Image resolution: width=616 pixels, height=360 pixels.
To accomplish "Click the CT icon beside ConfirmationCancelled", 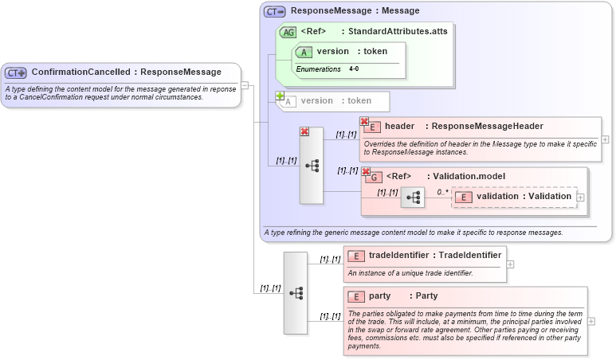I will coord(16,72).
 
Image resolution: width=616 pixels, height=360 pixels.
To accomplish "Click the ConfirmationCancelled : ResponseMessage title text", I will coord(126,72).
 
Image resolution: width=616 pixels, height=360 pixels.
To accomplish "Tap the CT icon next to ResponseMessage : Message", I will coord(275,12).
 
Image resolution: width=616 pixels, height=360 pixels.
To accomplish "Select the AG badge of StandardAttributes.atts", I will coord(288,32).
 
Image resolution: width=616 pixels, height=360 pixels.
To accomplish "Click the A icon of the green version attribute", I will coord(304,52).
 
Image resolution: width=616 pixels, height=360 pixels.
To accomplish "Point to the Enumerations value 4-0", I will coord(354,69).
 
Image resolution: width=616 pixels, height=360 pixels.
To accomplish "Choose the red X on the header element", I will coord(364,121).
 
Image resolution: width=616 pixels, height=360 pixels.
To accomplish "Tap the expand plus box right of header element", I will coord(606,139).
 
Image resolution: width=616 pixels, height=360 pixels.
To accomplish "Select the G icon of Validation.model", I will coord(374,177).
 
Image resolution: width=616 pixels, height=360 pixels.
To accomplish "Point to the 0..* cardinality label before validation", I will coord(442,192).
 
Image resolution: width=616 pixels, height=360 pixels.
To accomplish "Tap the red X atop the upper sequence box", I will coord(304,132).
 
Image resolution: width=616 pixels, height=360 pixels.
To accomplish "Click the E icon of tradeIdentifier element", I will coord(357,256).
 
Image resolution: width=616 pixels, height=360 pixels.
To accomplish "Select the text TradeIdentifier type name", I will coord(470,255).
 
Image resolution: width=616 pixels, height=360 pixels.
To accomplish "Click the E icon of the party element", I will coord(357,296).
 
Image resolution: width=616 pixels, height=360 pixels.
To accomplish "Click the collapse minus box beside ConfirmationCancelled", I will coord(246,84).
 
